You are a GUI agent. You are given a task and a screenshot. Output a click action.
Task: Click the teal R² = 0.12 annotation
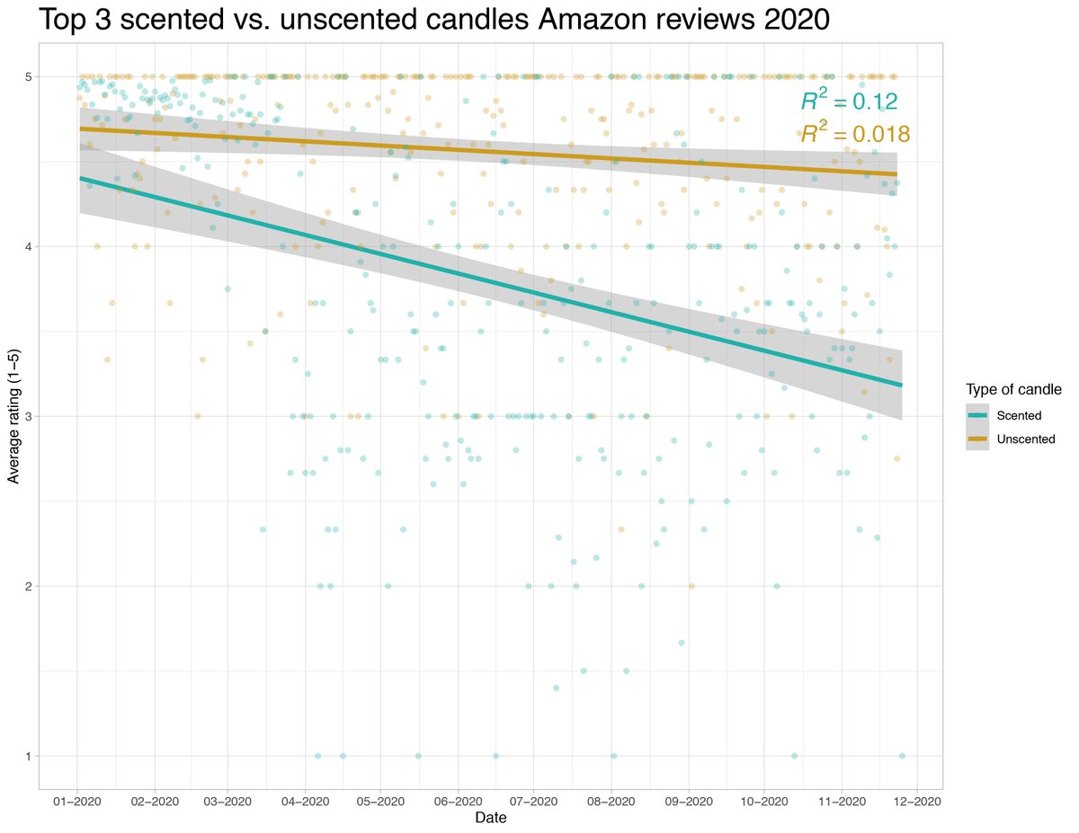[x=850, y=100]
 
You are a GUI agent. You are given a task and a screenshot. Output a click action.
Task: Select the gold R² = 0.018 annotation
[x=855, y=134]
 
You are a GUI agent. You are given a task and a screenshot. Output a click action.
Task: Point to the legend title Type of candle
[x=1014, y=390]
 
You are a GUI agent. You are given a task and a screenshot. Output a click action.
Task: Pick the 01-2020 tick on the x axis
[x=77, y=800]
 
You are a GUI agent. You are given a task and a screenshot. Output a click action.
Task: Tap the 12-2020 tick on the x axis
[x=915, y=800]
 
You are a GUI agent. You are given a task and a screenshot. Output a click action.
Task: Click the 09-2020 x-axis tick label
[x=688, y=800]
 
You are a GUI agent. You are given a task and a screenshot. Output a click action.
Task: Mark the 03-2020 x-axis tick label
[x=227, y=800]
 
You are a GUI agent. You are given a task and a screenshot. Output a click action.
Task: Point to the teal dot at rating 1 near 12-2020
[x=902, y=756]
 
